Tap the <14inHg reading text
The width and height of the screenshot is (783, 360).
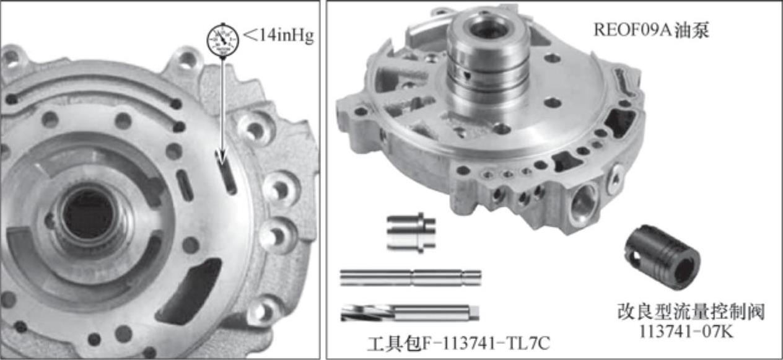[x=278, y=37]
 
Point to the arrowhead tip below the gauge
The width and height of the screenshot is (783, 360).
[x=222, y=164]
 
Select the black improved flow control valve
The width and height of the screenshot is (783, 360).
[x=662, y=257]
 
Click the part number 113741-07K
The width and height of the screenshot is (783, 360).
[x=686, y=331]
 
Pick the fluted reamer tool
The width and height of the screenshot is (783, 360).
[x=409, y=313]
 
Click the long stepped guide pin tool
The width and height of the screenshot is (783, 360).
[x=411, y=278]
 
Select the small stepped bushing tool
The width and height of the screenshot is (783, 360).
[x=411, y=232]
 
